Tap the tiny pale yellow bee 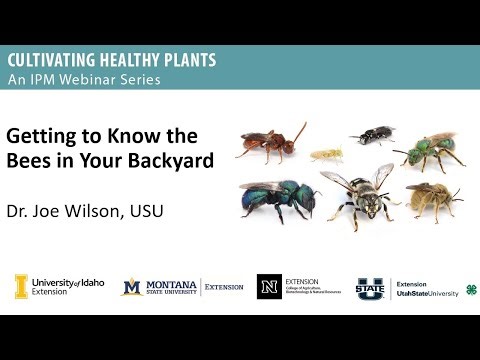328,155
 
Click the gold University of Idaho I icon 20,286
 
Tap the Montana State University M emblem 131,287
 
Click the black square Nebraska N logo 269,287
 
